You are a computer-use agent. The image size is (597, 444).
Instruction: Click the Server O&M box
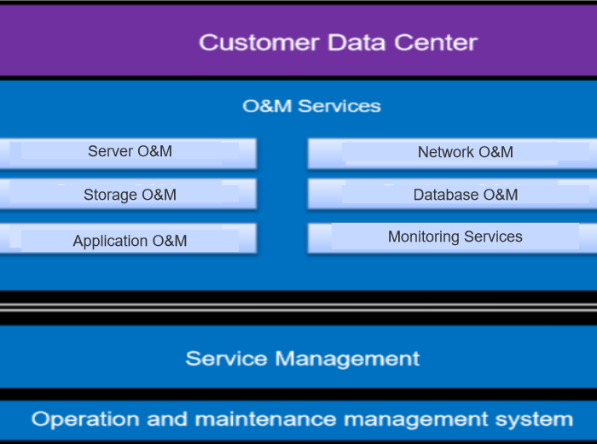pyautogui.click(x=130, y=152)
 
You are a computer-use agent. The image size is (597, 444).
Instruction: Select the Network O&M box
pyautogui.click(x=465, y=153)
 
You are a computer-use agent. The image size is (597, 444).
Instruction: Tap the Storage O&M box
pyautogui.click(x=130, y=195)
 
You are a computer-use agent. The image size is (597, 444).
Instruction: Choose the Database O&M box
pyautogui.click(x=465, y=195)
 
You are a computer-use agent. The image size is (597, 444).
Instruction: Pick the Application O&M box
pyautogui.click(x=130, y=241)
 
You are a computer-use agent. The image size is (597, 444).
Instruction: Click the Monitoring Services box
pyautogui.click(x=455, y=237)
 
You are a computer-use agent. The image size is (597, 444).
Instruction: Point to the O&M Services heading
pyautogui.click(x=311, y=106)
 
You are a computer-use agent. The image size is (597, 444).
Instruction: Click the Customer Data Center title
pyautogui.click(x=338, y=42)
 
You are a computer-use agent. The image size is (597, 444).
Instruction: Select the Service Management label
pyautogui.click(x=303, y=358)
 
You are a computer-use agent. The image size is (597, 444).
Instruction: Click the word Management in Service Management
pyautogui.click(x=349, y=358)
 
